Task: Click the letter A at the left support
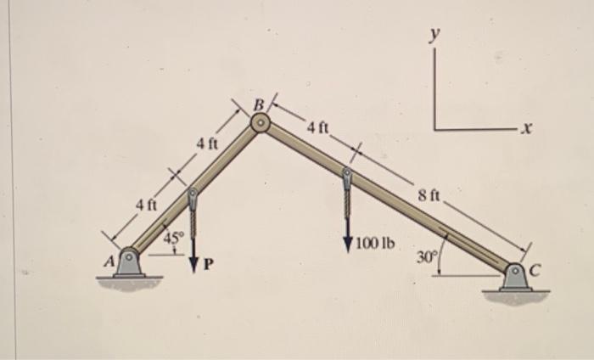[x=110, y=261]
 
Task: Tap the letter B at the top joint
[x=258, y=105]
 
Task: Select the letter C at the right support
[x=535, y=270]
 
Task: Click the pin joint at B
[x=261, y=122]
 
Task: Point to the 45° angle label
[x=173, y=237]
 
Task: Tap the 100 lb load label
[x=375, y=244]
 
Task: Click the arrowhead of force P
[x=194, y=265]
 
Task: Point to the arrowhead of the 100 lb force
[x=348, y=244]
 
